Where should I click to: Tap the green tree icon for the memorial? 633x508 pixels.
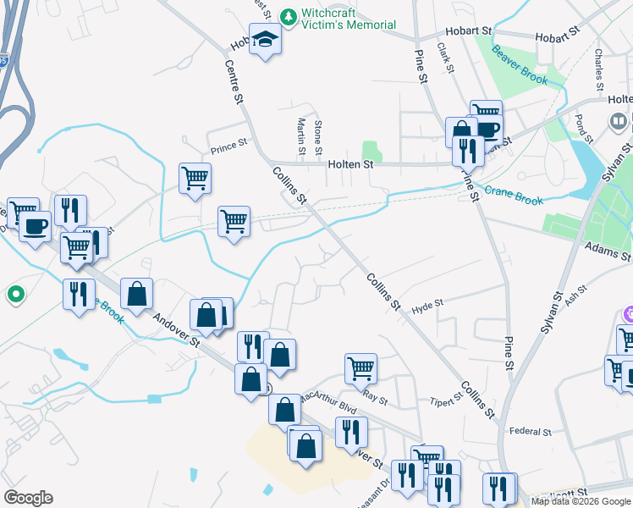click(288, 16)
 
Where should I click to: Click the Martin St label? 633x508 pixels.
click(301, 135)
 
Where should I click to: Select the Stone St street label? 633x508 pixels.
click(318, 135)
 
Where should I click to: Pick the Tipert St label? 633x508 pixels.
click(445, 400)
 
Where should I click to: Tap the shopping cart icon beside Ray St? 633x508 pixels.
click(361, 367)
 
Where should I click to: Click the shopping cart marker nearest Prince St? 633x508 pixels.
click(195, 178)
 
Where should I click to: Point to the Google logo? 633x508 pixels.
click(28, 498)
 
